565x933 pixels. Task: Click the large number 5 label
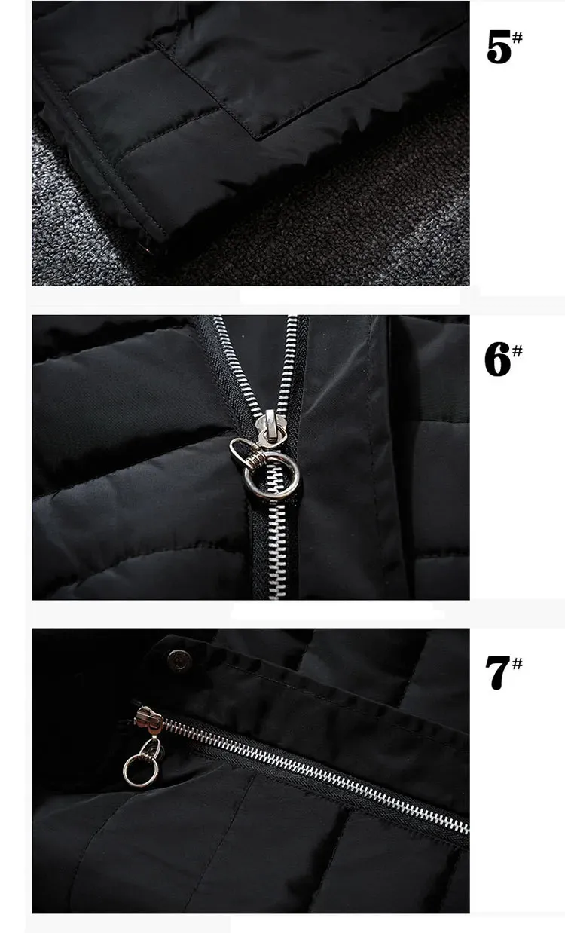coord(499,47)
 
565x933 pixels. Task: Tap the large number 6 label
coord(498,359)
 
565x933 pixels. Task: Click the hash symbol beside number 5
coord(518,38)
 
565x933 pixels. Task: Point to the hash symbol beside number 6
coord(517,350)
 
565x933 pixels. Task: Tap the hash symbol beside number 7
coord(517,663)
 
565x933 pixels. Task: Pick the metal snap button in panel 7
coord(179,659)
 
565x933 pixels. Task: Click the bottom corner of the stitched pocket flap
coord(257,137)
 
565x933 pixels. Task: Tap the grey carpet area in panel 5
coord(333,234)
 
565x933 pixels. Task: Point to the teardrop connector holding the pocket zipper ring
coord(151,749)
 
